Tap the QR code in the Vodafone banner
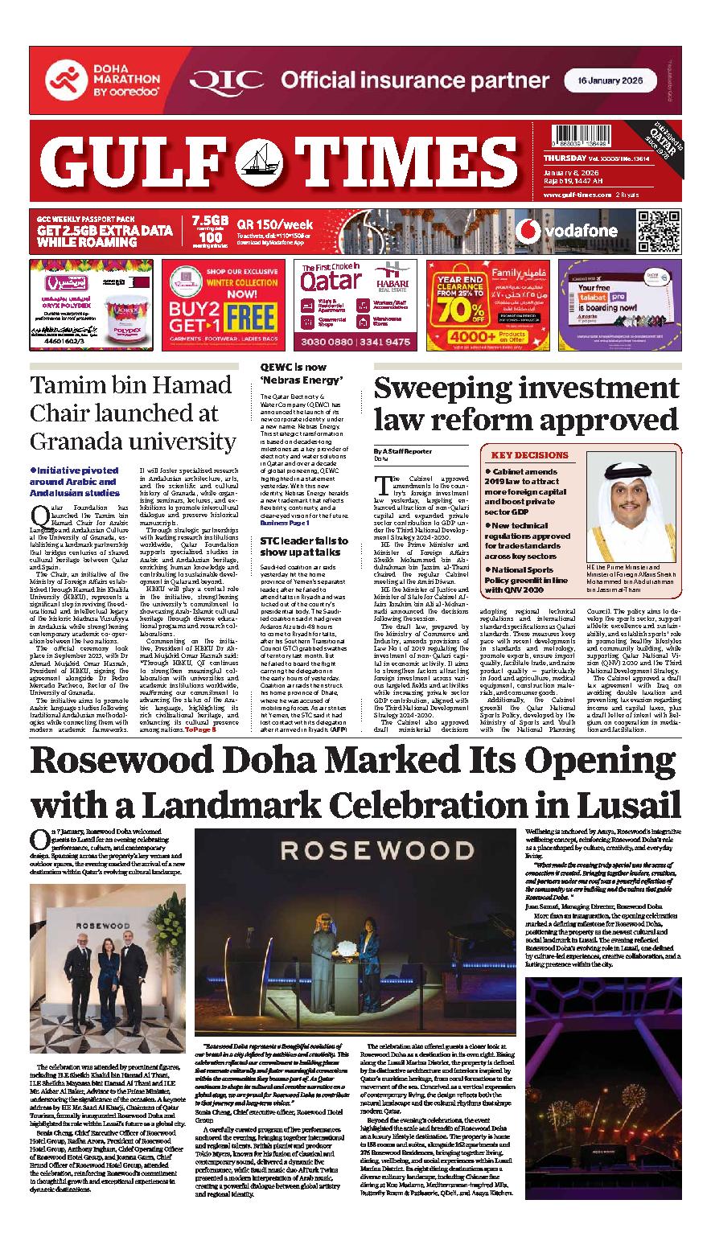coord(657,231)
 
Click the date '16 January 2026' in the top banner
coord(610,81)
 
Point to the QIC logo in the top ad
coord(228,81)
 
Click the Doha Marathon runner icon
coord(62,80)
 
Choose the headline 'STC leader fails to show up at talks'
coord(303,547)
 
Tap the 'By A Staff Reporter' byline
coord(402,452)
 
